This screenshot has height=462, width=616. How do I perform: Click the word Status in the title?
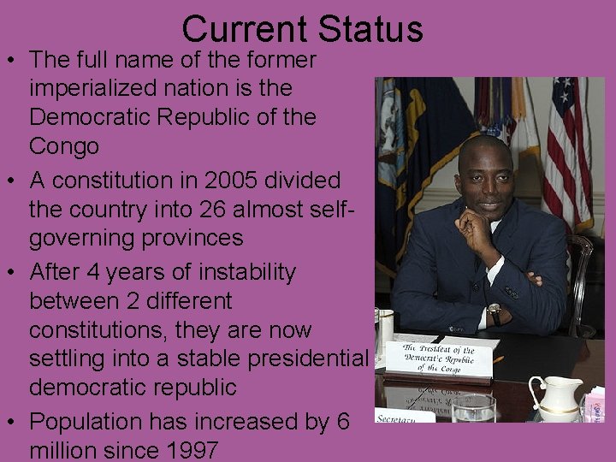tap(370, 28)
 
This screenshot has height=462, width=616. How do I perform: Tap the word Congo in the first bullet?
tap(64, 146)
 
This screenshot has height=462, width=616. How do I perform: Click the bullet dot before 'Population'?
tap(13, 422)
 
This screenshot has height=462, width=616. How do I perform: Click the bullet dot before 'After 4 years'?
tap(13, 273)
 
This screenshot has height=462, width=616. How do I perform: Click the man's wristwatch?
tap(495, 311)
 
